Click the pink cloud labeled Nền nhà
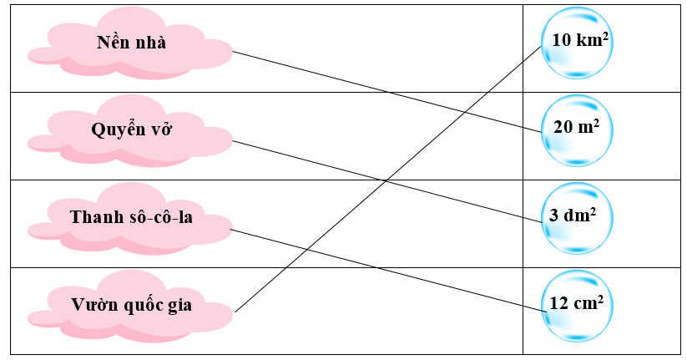pos(130,43)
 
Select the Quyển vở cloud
pos(130,131)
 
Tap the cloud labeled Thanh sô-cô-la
pos(130,219)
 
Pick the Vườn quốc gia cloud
pos(130,307)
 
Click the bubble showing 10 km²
pos(577,43)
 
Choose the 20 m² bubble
pos(577,130)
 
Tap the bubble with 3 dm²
pos(577,218)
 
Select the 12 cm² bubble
pos(577,306)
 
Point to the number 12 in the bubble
pos(558,303)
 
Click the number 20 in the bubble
pos(563,127)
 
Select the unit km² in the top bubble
pos(593,39)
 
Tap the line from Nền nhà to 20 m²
pos(387,92)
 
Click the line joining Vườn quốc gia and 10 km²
pos(388,179)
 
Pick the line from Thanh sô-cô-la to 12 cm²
pos(388,271)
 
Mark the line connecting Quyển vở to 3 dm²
pos(387,181)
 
